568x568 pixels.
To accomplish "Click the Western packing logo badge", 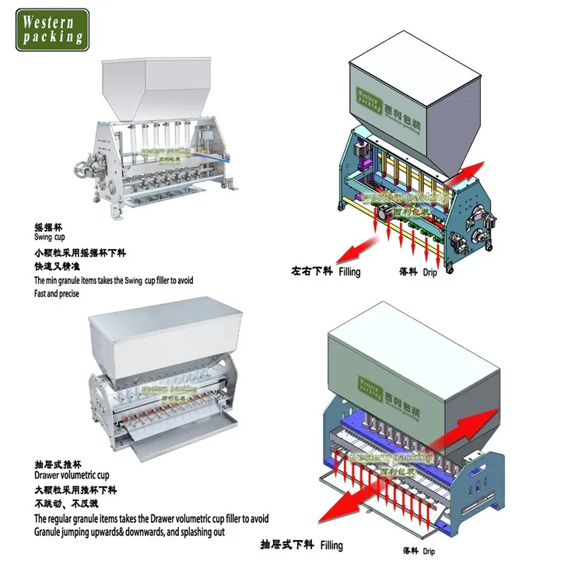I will coord(53,30).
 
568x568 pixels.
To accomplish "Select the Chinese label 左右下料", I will coord(312,273).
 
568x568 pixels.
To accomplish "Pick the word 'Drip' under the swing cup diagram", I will coord(430,273).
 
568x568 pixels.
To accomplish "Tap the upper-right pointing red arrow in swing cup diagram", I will coord(468,170).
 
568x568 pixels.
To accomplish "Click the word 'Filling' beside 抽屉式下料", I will coord(331,545).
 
